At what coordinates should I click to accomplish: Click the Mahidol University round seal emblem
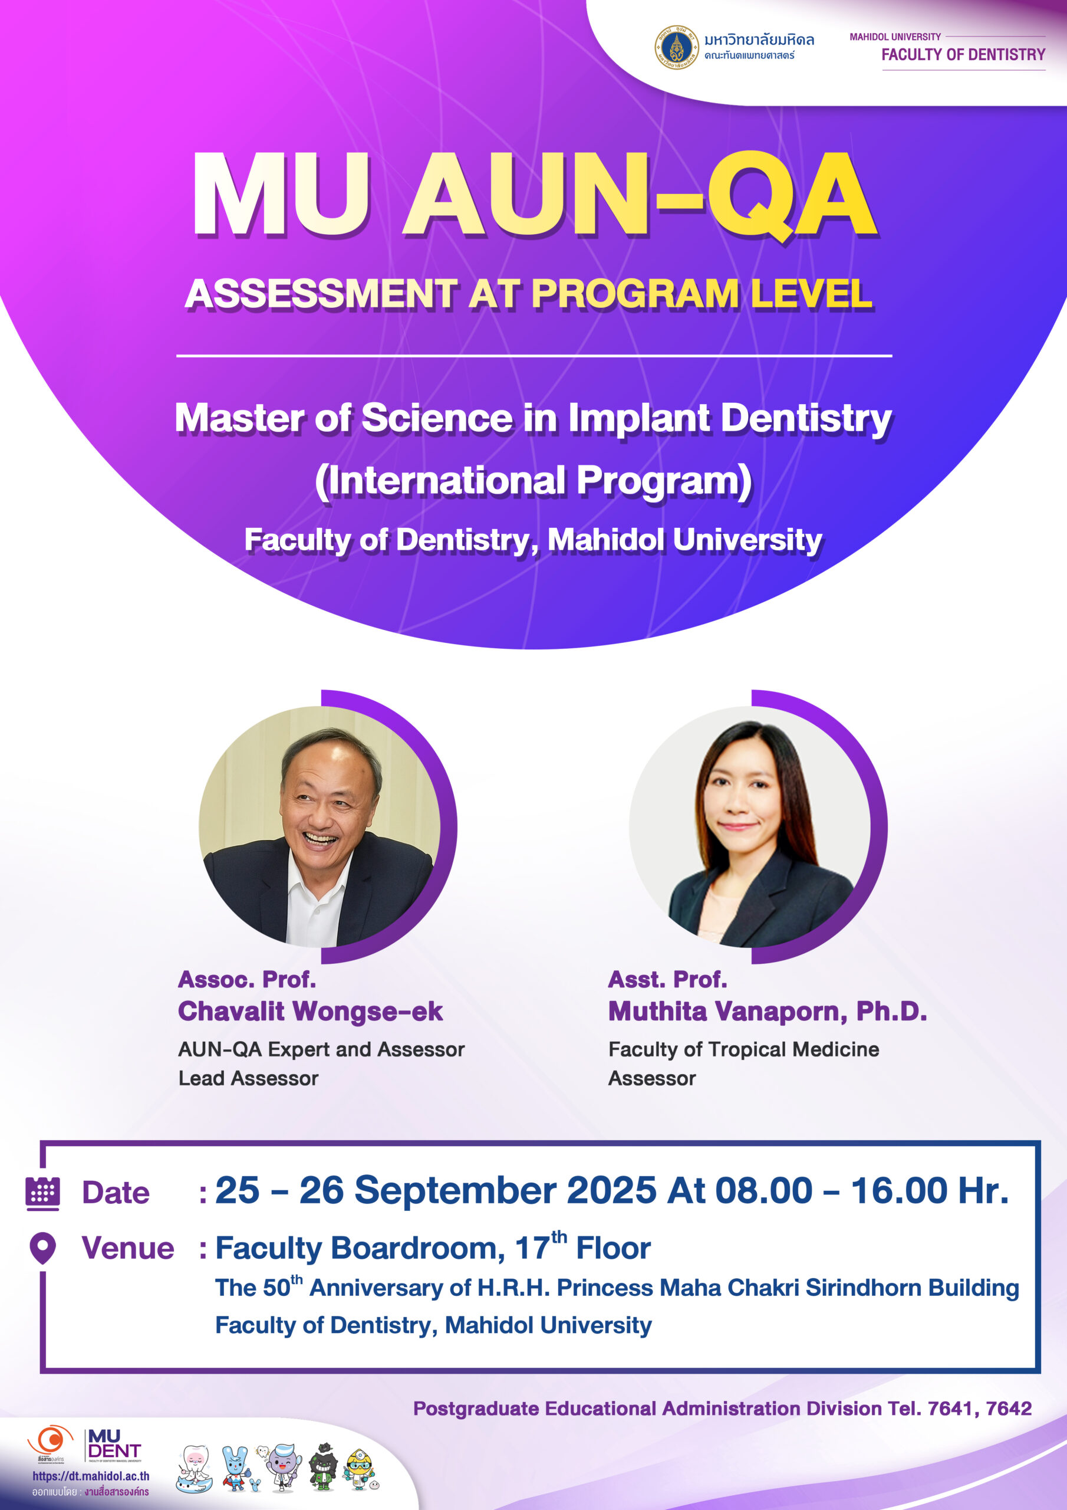coord(677,47)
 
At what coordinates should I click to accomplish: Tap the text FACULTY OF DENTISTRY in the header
coord(963,55)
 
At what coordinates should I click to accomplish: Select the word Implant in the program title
coord(638,419)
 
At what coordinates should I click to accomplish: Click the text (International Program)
coord(533,481)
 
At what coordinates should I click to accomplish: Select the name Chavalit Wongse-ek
coord(310,1012)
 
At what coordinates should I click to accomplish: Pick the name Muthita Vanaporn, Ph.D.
coord(767,1012)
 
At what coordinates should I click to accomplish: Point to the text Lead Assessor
coord(249,1079)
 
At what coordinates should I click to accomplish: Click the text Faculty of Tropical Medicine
coord(743,1050)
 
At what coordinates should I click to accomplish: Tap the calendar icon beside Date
coord(42,1194)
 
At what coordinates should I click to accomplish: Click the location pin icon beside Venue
coord(42,1248)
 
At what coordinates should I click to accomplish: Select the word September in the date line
coord(456,1191)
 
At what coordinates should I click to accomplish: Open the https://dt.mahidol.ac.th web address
coord(91,1476)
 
